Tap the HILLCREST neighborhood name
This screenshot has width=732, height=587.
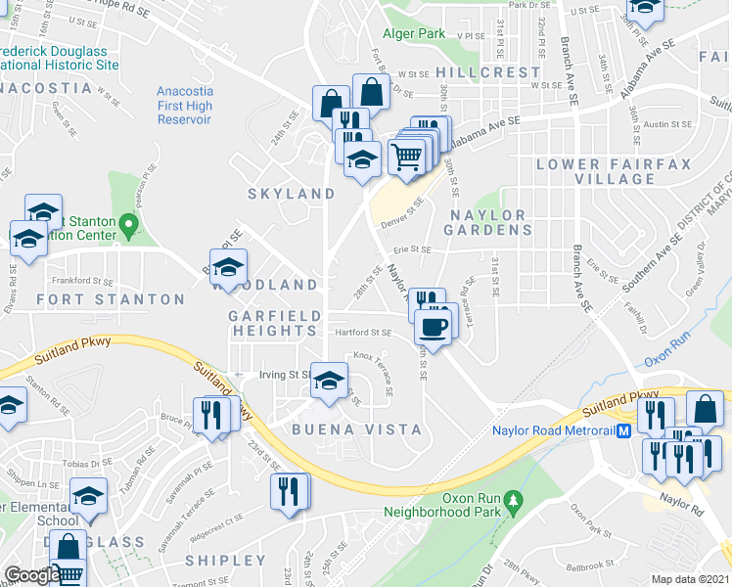point(487,72)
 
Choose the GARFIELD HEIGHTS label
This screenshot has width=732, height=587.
point(273,323)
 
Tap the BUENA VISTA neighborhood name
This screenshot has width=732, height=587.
point(356,429)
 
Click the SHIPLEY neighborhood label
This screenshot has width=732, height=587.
point(226,561)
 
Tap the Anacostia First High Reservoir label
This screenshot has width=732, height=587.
point(185,106)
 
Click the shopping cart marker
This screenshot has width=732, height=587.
point(406,155)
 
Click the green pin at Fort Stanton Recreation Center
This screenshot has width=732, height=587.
point(127,227)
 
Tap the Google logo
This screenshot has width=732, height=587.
point(31,575)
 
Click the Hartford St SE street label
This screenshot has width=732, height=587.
point(363,333)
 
